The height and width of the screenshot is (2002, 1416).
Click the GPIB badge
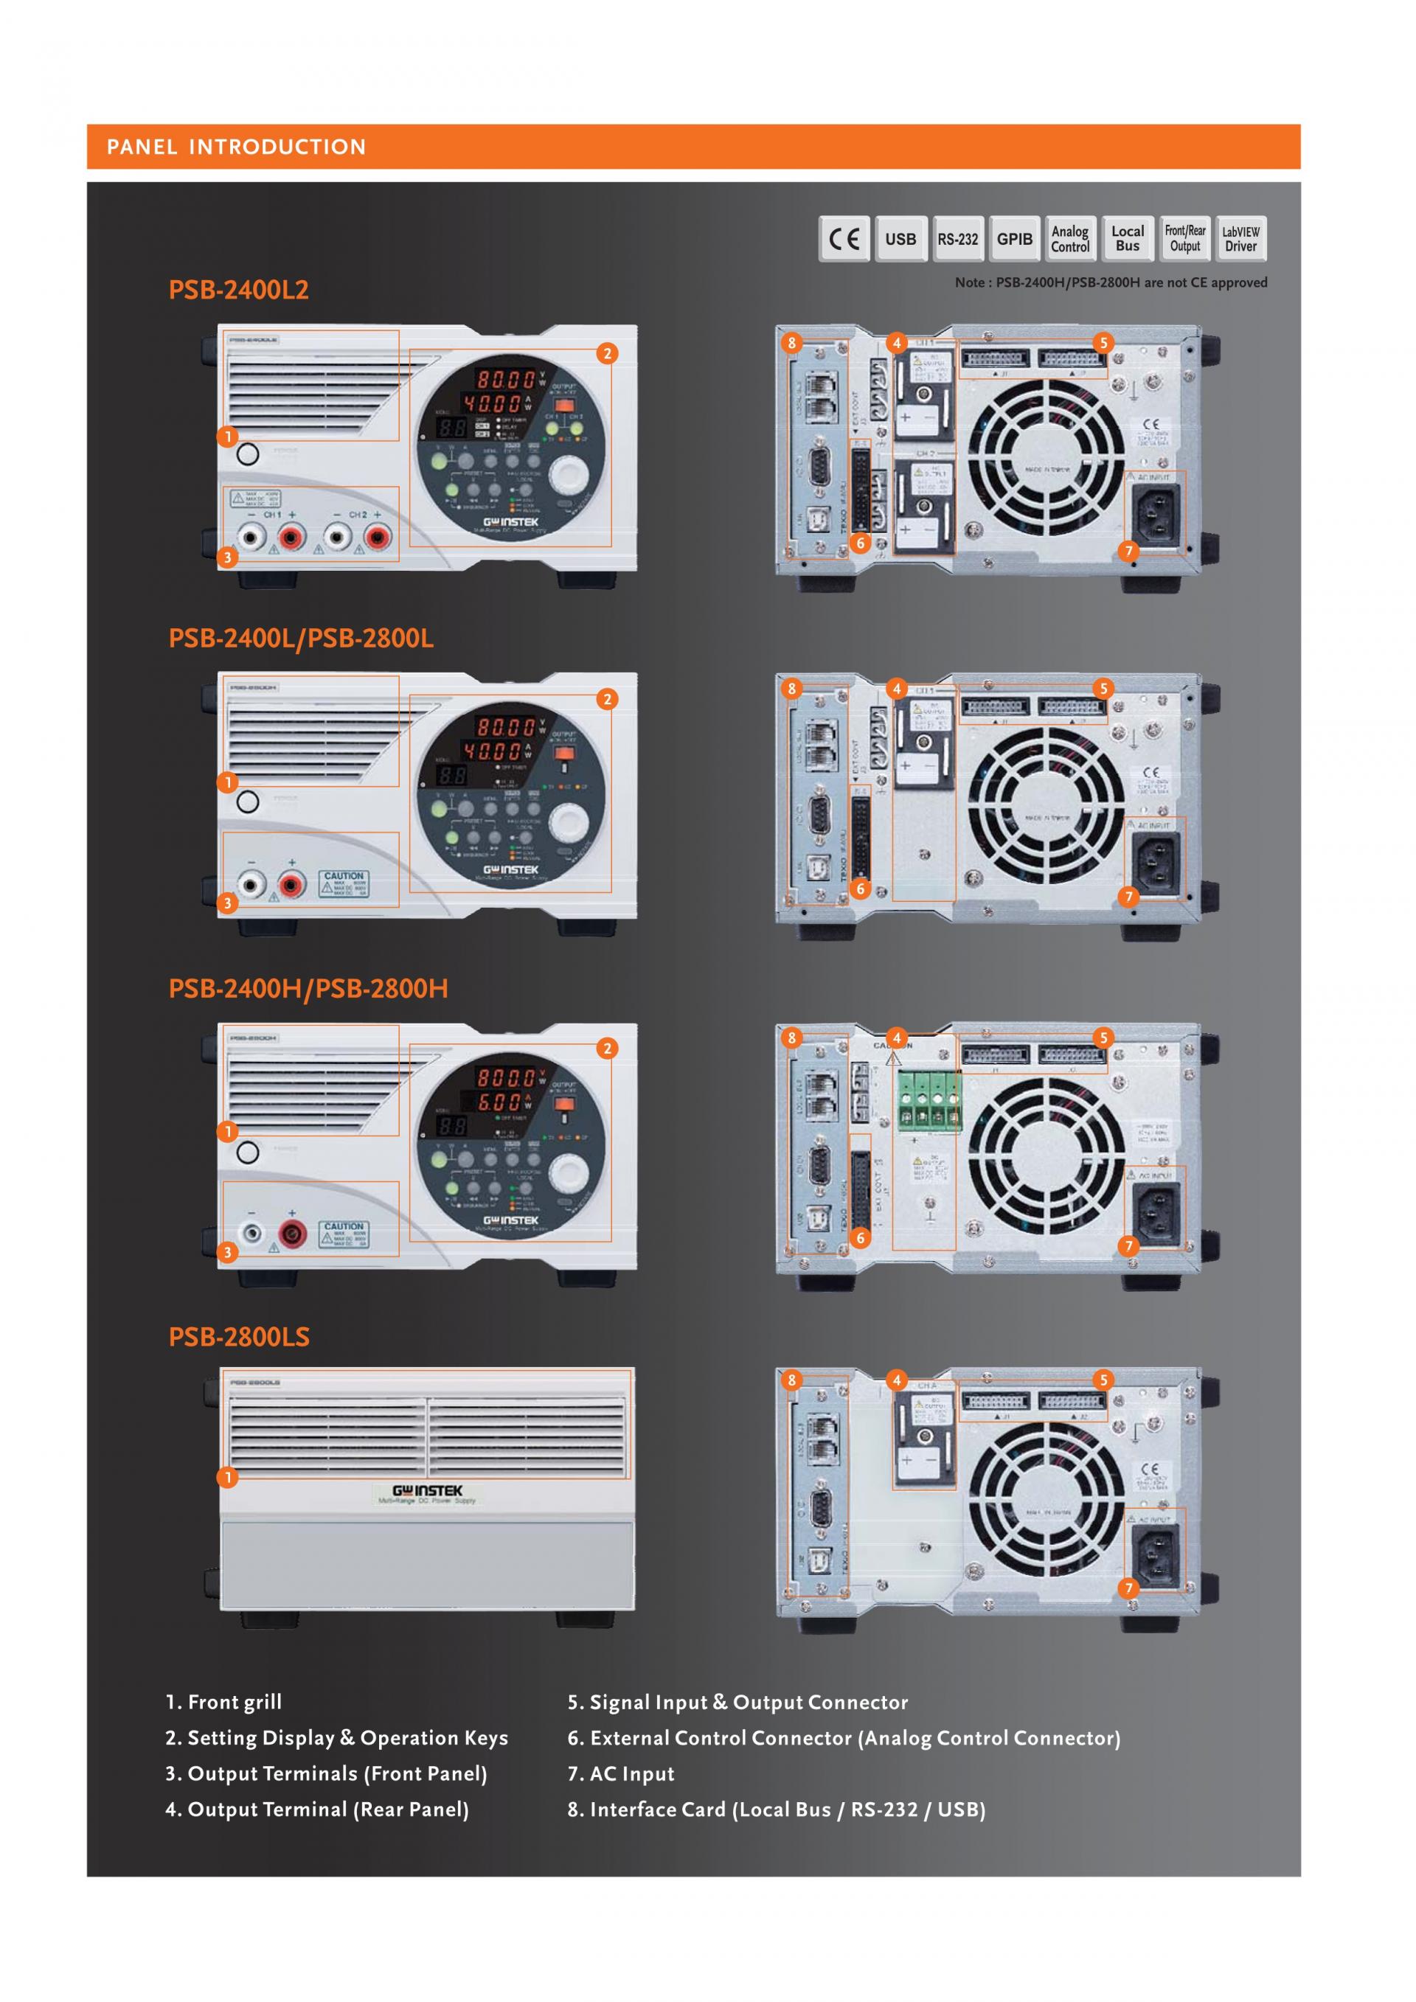pos(1014,239)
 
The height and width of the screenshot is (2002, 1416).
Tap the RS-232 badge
pos(957,239)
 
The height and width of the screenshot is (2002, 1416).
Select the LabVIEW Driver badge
pos(1240,239)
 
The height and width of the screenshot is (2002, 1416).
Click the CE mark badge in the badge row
pos(844,239)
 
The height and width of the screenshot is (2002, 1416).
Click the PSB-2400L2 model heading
pos(238,290)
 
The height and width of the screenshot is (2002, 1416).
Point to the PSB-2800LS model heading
pos(239,1337)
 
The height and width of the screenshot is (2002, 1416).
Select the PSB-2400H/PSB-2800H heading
pos(308,988)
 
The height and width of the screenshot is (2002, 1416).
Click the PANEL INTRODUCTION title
pos(236,147)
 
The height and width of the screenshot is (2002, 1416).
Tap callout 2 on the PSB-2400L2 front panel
pos(607,353)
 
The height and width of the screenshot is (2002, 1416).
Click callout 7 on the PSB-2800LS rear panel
pos(1128,1588)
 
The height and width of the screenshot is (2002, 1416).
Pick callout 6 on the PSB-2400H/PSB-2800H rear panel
pos(860,1237)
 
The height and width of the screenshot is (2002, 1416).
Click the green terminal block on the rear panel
pos(929,1102)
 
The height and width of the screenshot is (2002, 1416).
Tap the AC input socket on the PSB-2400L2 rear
pos(1156,512)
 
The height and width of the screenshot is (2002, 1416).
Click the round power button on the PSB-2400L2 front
pos(248,453)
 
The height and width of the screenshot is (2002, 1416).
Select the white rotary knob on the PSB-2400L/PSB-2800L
pos(570,821)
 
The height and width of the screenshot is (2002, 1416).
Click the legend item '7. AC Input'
pos(621,1773)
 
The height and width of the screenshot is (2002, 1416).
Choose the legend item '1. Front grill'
pos(224,1702)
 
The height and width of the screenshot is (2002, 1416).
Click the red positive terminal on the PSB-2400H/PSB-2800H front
pos(291,1233)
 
